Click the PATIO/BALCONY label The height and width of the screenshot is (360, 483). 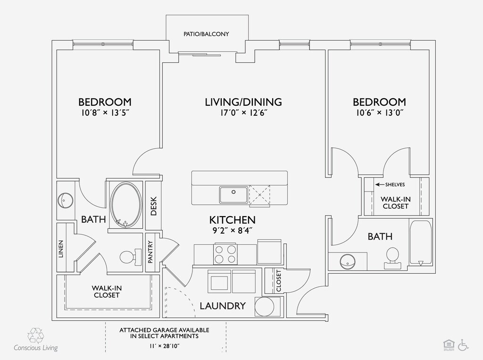tap(206, 34)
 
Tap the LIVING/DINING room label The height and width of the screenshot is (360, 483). tap(243, 102)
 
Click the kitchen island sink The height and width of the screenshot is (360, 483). tap(233, 193)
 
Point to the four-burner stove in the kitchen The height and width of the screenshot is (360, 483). tap(225, 254)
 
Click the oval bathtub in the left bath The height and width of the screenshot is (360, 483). tap(125, 205)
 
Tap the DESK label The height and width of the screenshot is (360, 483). tap(153, 206)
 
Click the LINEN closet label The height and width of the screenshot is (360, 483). tap(61, 249)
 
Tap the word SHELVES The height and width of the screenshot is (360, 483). tap(395, 184)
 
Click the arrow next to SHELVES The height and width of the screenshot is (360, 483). tap(379, 184)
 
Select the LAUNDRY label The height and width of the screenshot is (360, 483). tap(223, 306)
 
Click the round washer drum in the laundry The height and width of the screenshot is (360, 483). tap(265, 307)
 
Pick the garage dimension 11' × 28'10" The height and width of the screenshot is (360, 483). tap(164, 346)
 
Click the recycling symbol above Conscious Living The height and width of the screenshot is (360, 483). tap(35, 336)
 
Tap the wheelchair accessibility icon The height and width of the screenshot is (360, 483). tap(463, 345)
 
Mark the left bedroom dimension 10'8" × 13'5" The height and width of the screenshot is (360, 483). tap(104, 113)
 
